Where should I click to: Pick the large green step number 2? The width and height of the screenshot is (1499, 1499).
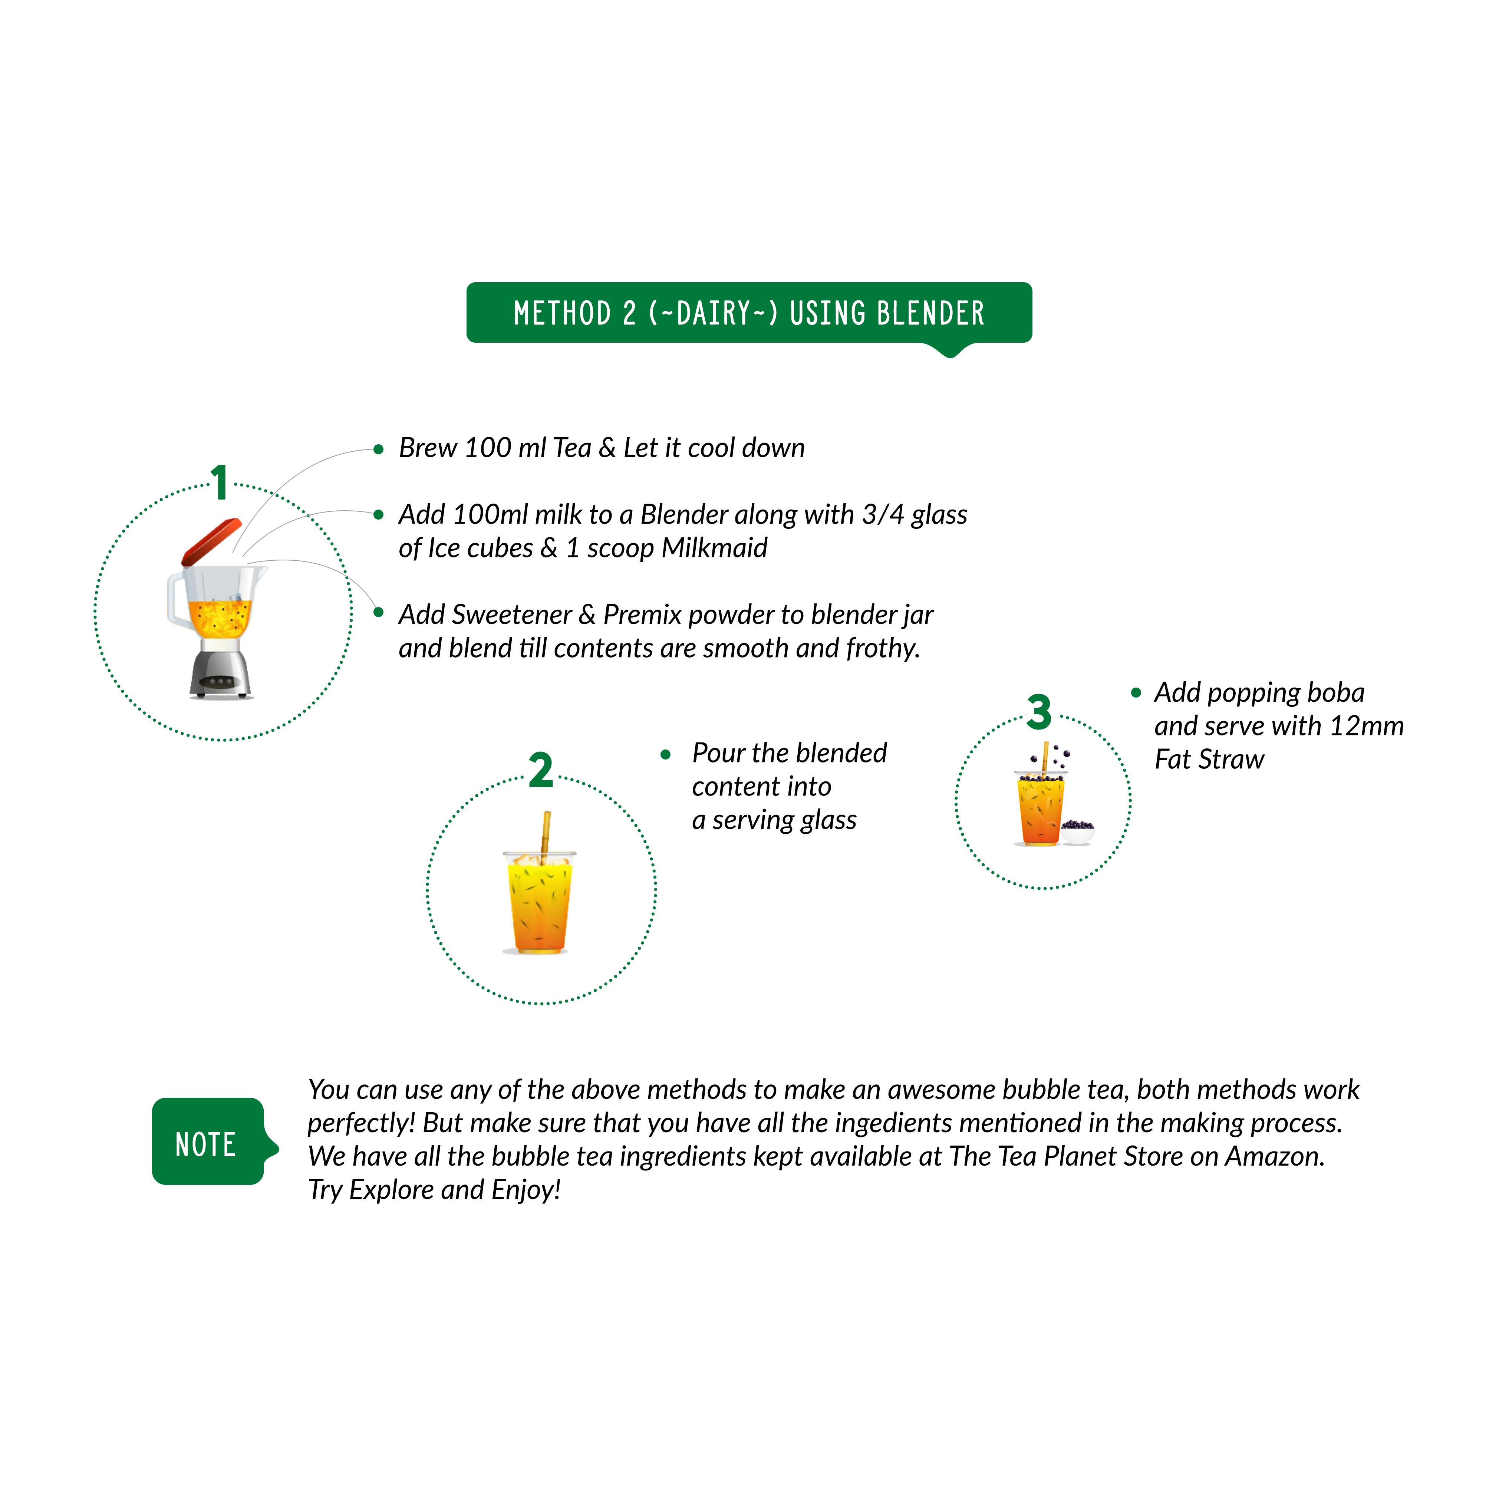coord(541,770)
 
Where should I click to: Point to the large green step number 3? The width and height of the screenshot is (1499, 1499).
coord(1039,712)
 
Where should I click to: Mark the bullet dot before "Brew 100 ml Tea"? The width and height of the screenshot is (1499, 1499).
coord(379,449)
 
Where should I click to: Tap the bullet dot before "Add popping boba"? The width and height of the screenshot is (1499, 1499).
coord(1136,693)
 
